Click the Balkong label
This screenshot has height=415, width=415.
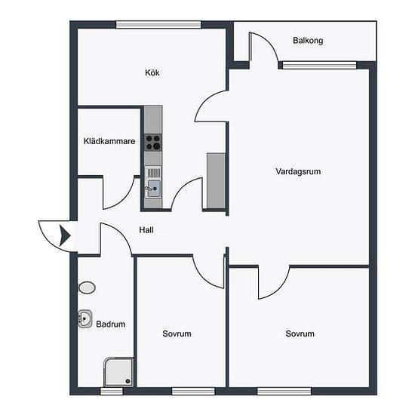tap(308, 41)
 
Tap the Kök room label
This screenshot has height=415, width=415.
tap(152, 72)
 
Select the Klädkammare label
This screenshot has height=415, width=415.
tap(109, 141)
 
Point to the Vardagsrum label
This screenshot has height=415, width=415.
tap(298, 171)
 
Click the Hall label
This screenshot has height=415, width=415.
tap(146, 229)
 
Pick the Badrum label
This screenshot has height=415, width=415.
tap(111, 324)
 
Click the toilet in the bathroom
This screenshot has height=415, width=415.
tap(86, 287)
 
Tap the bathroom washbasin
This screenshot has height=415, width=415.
tap(85, 318)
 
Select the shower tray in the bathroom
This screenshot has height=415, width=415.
tap(118, 372)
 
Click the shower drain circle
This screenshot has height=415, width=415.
tap(128, 381)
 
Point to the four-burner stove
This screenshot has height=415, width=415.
tap(153, 143)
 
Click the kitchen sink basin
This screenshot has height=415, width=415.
tap(154, 189)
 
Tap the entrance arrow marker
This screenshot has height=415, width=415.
tap(65, 235)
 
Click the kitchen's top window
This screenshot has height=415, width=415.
tap(158, 25)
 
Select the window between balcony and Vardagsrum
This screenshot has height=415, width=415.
tap(319, 65)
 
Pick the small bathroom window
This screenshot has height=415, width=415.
tap(112, 391)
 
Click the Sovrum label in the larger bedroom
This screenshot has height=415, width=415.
tap(300, 334)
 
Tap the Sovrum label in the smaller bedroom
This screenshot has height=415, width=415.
tap(177, 334)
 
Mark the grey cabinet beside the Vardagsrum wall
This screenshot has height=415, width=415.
tap(217, 180)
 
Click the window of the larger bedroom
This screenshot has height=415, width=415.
tap(284, 391)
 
